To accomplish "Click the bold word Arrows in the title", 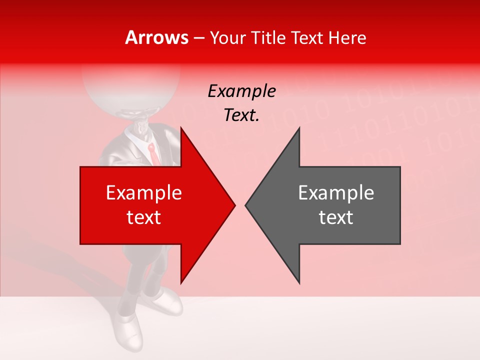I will (157, 38).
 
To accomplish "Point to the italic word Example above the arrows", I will (241, 91).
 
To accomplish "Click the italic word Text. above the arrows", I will (241, 115).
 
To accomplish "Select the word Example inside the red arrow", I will (144, 192).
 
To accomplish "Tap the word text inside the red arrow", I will (144, 217).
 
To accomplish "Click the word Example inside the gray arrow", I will (336, 192).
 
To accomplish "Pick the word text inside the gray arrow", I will (336, 217).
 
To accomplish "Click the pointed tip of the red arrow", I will (233, 205).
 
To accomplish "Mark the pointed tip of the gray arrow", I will (246, 205).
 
